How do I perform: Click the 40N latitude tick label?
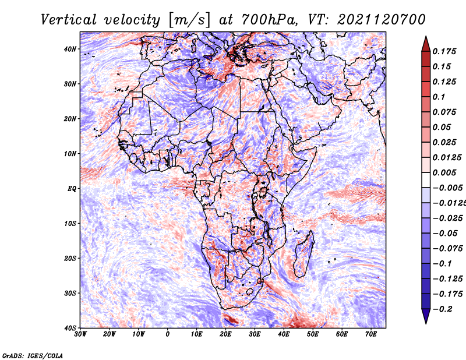point(70,49)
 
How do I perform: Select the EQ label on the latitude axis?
point(72,189)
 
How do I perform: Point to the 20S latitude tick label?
point(70,258)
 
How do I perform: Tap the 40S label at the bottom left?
point(70,328)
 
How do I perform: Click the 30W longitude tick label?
point(80,334)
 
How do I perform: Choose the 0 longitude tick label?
point(168,334)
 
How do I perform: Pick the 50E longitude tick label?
point(313,334)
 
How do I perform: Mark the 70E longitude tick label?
point(371,334)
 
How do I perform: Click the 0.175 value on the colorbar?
point(444,51)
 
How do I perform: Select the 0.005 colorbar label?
point(444,172)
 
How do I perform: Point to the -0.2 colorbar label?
point(442,309)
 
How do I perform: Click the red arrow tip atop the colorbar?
point(426,37)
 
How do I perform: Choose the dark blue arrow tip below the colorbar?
point(426,323)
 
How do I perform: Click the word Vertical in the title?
point(69,20)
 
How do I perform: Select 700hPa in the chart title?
point(269,20)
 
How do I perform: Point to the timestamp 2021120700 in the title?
point(382,20)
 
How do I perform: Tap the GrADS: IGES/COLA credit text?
point(33,356)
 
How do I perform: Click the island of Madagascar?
point(304,254)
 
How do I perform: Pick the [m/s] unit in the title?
point(189,20)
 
